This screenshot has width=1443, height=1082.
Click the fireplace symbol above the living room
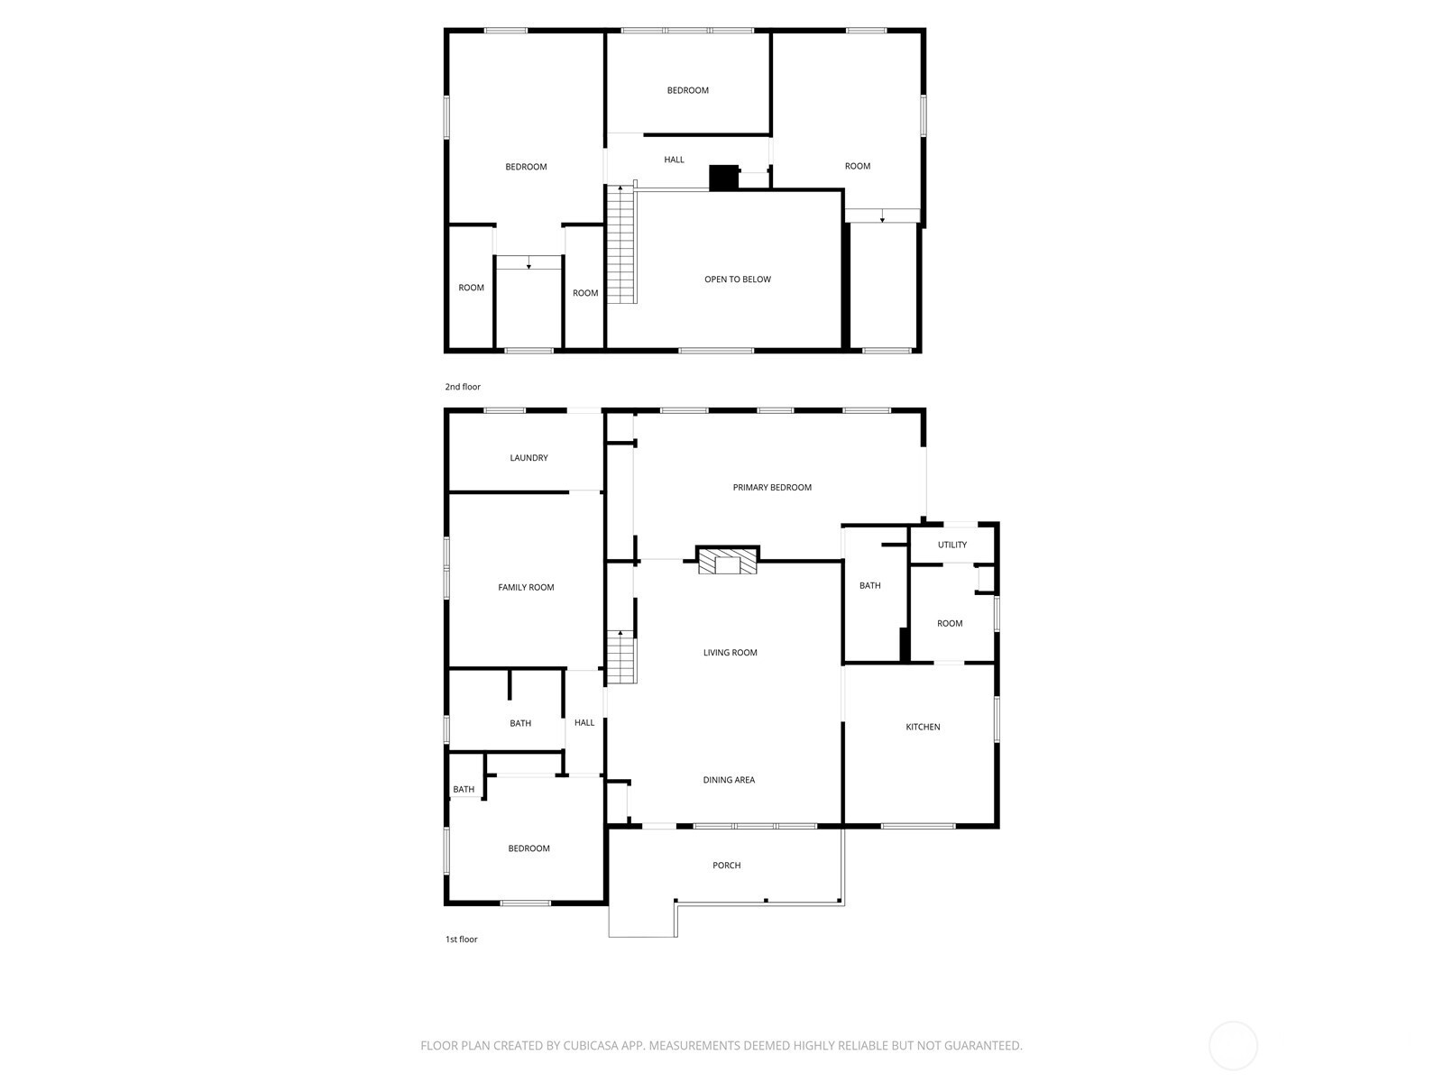point(727,560)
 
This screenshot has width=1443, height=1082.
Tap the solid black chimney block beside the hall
point(723,178)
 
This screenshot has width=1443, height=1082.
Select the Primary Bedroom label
point(772,487)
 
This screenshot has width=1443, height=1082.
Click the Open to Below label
point(738,280)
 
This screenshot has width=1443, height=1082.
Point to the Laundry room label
point(528,457)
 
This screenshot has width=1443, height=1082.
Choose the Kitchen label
point(923,727)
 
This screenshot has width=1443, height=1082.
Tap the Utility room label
point(951,545)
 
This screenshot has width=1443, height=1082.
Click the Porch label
point(726,866)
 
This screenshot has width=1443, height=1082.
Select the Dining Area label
point(729,780)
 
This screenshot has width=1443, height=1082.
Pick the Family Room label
point(526,587)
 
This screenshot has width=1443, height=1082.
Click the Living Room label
point(730,652)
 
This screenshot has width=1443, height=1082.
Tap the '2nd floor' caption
point(462,387)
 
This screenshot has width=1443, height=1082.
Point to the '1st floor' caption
point(462,940)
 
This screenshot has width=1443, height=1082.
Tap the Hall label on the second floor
point(674,160)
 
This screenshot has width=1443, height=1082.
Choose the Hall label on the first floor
point(584,722)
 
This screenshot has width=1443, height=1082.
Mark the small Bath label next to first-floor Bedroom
point(464,790)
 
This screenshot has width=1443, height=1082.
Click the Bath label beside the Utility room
point(869,585)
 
